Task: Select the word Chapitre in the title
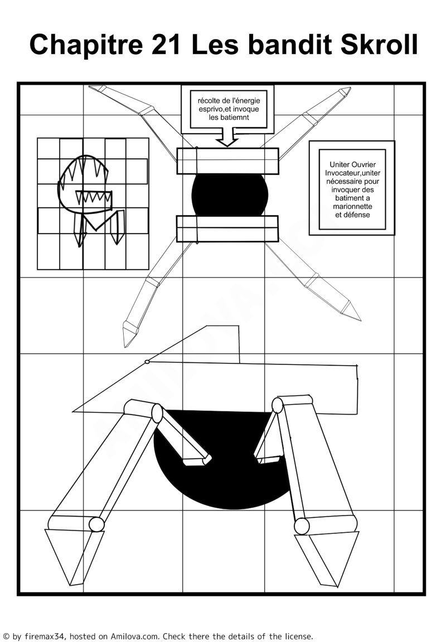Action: click(x=86, y=45)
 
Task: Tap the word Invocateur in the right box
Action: click(x=341, y=173)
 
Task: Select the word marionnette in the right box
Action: click(x=353, y=206)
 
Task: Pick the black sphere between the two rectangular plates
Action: click(x=229, y=195)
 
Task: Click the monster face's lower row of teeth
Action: click(x=93, y=197)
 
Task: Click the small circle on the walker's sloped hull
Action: click(x=147, y=362)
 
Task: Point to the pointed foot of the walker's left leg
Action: click(x=73, y=557)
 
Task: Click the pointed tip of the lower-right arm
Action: click(x=360, y=320)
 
